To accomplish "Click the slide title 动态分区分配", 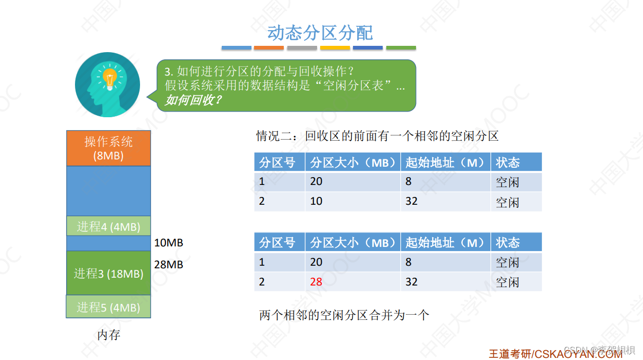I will click(x=320, y=32).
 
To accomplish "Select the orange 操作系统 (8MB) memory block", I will click(x=108, y=148).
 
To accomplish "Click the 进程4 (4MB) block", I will click(x=108, y=227).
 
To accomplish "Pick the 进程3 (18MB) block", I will click(x=108, y=274).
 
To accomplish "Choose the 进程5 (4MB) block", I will click(x=108, y=307).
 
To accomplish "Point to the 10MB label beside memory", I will click(x=169, y=243).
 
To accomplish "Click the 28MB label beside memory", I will click(x=169, y=265).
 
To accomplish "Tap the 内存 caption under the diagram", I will click(x=108, y=335).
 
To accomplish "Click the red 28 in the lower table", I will click(x=316, y=282).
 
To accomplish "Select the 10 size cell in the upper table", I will click(x=316, y=201).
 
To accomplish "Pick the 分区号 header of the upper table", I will click(x=277, y=163).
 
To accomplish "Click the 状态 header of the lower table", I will click(x=508, y=242).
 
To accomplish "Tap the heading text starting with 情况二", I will click(x=377, y=136).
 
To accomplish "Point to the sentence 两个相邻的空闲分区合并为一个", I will click(x=344, y=315).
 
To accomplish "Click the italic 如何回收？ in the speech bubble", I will click(x=193, y=100).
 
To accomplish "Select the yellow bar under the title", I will click(x=335, y=48).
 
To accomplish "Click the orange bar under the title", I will click(x=269, y=48).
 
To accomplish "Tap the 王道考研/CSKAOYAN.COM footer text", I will click(x=555, y=354).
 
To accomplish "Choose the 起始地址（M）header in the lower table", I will click(x=445, y=242).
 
